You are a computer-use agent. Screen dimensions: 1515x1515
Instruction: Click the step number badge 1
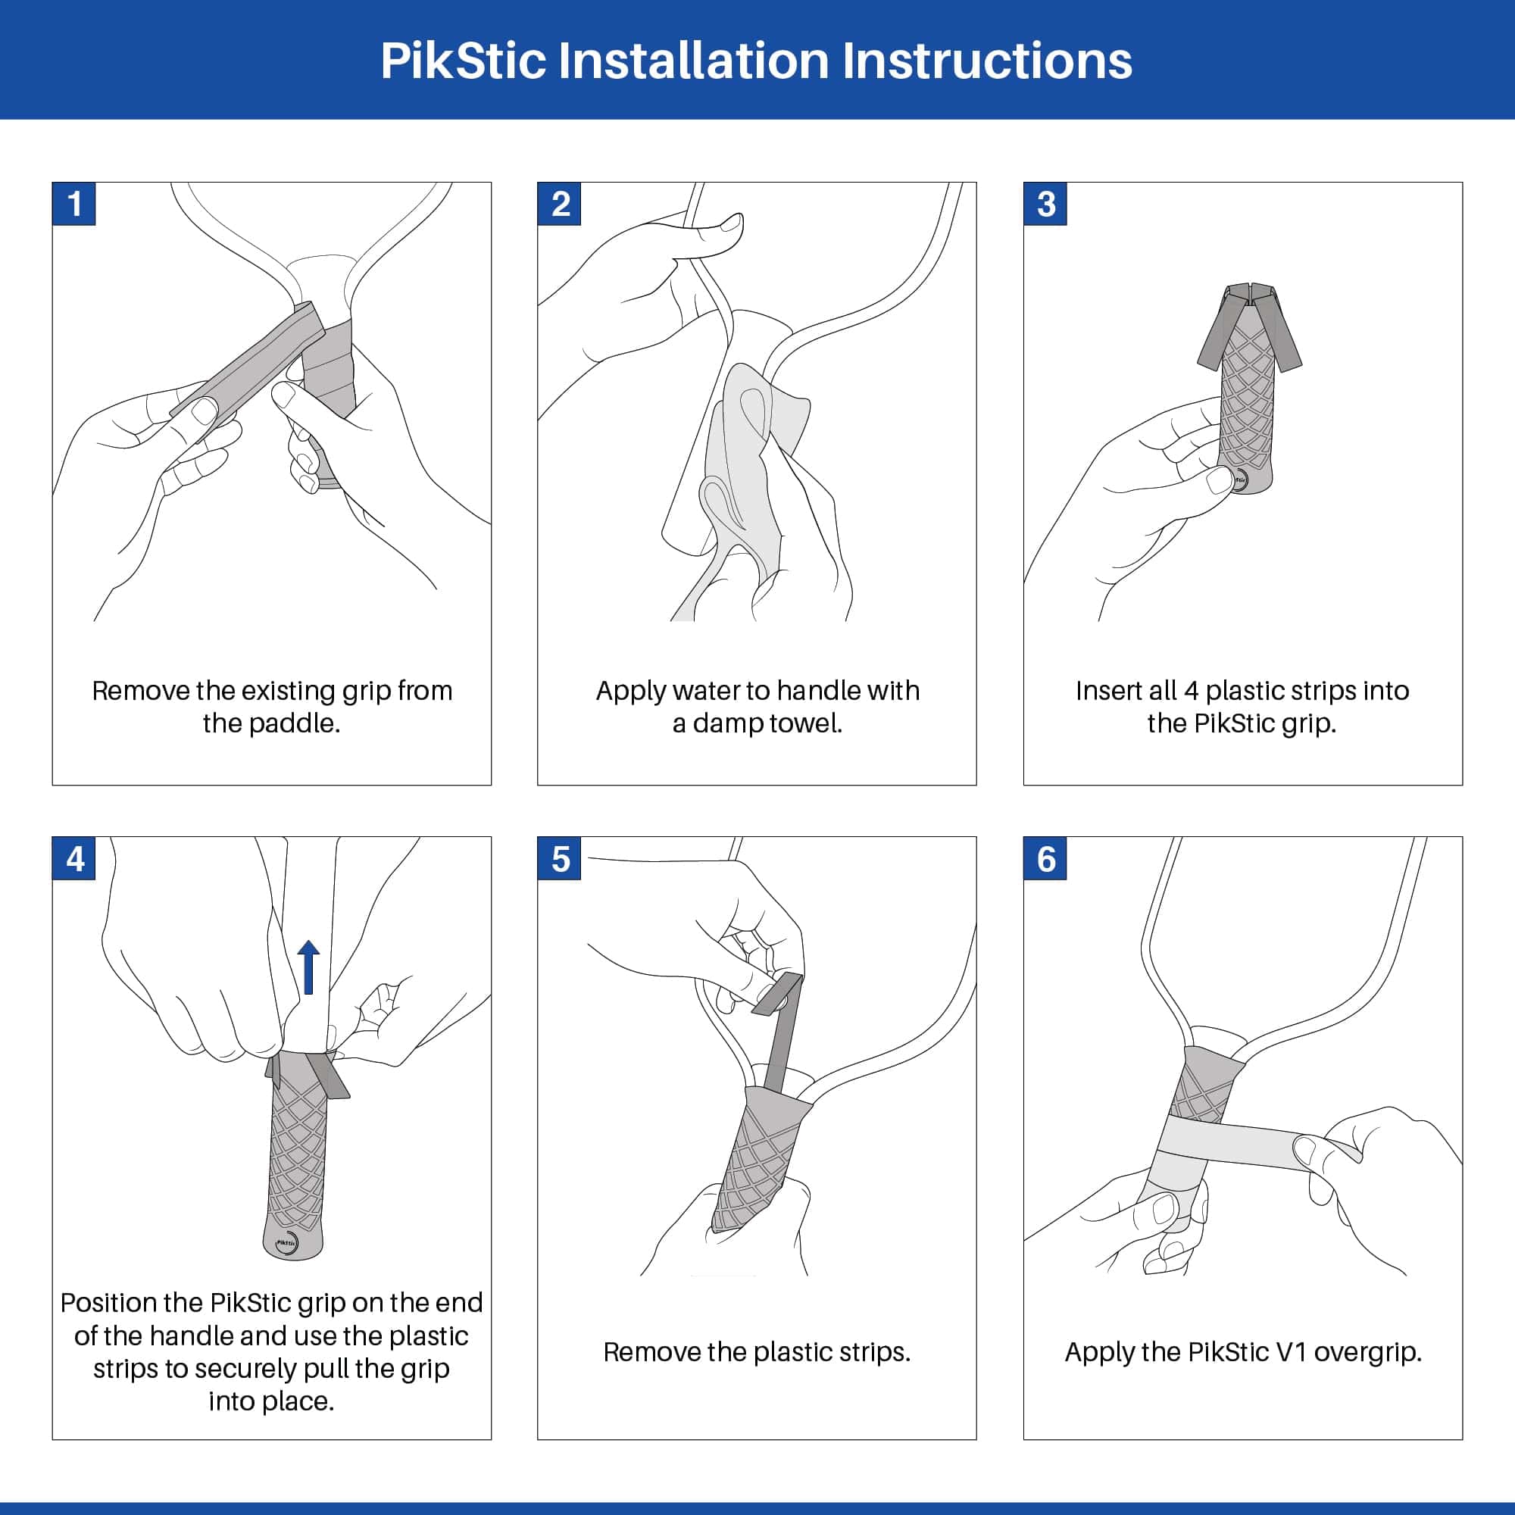pos(73,204)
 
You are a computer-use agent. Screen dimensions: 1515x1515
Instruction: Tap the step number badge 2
pos(559,204)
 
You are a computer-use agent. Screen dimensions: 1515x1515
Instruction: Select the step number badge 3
pos(1045,204)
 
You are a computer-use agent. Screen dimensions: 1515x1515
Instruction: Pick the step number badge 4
pos(73,859)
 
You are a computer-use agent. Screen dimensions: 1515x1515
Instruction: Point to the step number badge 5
pos(559,859)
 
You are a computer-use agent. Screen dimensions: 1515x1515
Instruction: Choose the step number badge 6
pos(1045,859)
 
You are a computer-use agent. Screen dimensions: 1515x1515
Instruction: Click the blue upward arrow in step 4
pos(309,967)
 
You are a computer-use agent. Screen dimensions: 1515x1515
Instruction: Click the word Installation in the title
pos(693,61)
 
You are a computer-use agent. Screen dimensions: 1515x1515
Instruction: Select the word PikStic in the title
pos(463,61)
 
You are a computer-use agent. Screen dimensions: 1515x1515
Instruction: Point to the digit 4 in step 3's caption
pos(1191,691)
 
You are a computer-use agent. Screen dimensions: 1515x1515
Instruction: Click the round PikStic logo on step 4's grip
pos(287,1243)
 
